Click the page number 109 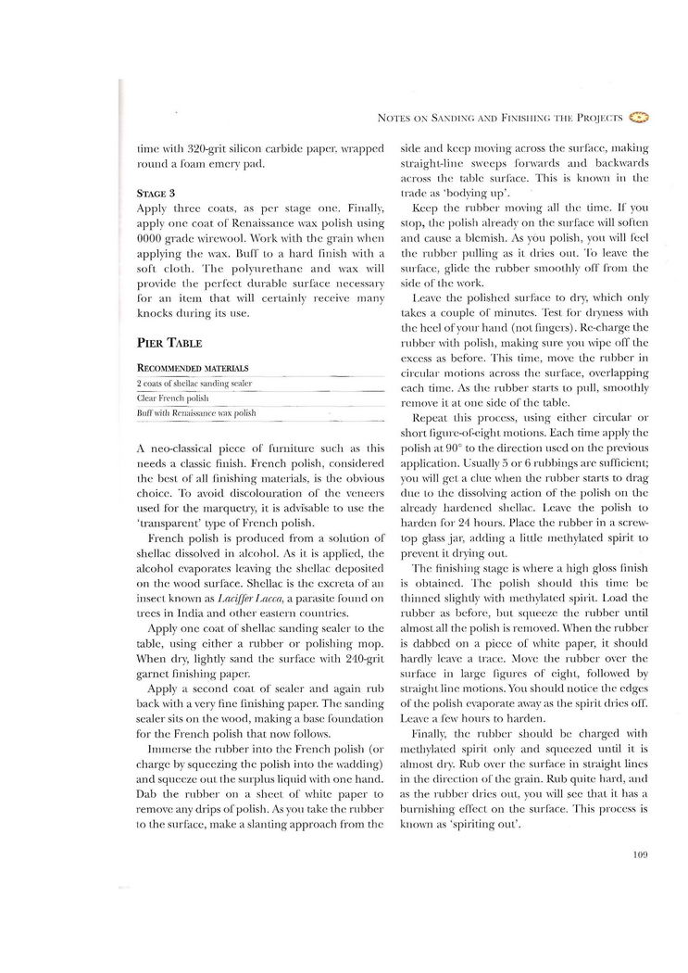coord(639,855)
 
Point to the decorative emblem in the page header coord(639,118)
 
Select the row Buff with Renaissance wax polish coord(195,412)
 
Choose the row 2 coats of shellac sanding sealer coord(194,383)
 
